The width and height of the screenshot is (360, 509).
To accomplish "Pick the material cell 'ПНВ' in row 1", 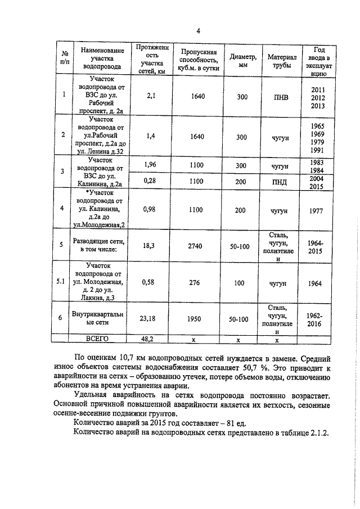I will tap(280, 97).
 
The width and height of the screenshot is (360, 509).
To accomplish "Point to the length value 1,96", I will tap(150, 165).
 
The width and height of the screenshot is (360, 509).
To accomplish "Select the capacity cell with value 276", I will tap(195, 282).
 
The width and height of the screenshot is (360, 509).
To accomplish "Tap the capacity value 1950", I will tap(195, 319).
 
